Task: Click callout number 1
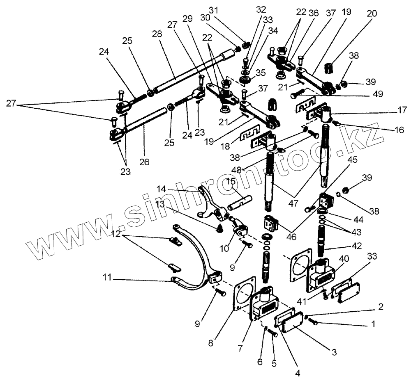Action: (373, 324)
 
